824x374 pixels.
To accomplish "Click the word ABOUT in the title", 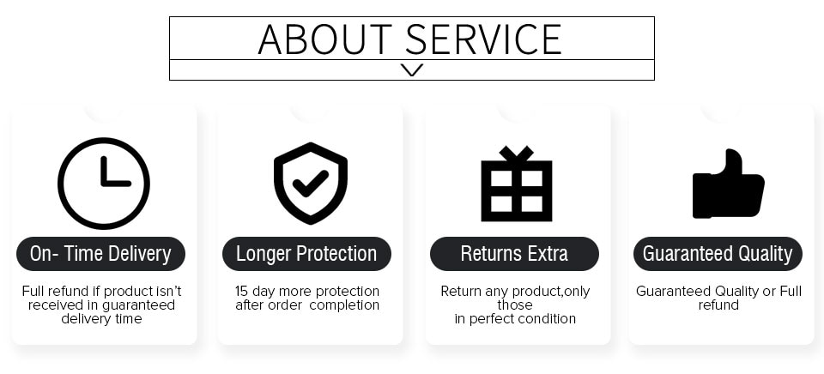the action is (325, 39).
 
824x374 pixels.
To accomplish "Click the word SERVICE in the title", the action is (483, 39).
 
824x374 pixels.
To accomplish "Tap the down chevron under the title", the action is (411, 69).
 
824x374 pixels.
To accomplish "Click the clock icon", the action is (104, 184).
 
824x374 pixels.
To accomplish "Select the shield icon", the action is (311, 183).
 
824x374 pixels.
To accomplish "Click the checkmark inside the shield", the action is (311, 184).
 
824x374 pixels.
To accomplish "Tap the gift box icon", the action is (517, 184).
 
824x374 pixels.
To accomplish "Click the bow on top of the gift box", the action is (517, 154).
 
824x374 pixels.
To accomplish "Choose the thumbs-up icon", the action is (728, 184).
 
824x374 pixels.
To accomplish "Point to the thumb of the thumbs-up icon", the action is (734, 162).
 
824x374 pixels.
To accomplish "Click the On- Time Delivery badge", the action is (101, 254).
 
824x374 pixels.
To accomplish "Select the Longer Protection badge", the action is (306, 254).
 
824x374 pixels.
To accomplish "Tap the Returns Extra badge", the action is (514, 254).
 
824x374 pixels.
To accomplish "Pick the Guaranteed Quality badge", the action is (718, 254).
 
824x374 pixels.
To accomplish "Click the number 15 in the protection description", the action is (241, 291).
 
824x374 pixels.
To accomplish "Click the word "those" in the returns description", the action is (515, 305).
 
